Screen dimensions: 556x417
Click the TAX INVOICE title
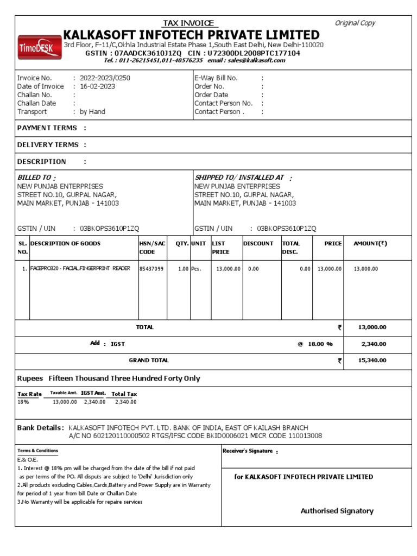point(190,23)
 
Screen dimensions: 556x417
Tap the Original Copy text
point(355,23)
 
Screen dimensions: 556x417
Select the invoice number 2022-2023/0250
point(105,78)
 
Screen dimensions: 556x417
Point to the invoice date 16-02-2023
point(98,86)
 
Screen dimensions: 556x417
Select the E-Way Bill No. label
point(216,78)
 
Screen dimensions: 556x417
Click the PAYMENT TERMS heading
point(47,128)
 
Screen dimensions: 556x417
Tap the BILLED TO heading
point(36,178)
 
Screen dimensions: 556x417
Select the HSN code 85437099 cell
point(151,269)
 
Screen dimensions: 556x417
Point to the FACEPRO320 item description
point(80,268)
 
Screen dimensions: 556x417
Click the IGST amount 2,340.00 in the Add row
point(373,344)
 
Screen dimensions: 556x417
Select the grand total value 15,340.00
point(373,360)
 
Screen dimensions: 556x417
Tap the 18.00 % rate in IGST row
point(315,344)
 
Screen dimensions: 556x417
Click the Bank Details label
point(40,427)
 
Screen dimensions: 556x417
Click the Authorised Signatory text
point(337,511)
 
